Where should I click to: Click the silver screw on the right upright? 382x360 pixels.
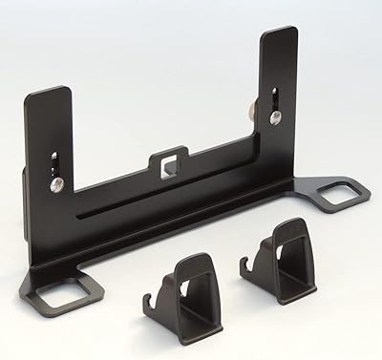pyautogui.click(x=274, y=117)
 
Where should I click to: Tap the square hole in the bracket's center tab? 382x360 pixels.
pyautogui.click(x=172, y=162)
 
